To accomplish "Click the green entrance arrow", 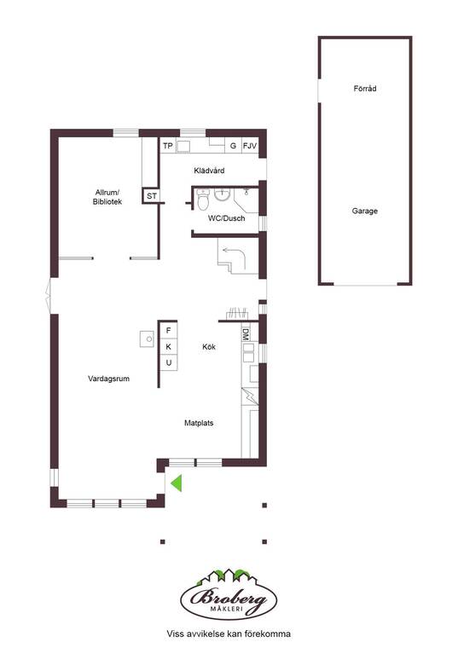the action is click(x=177, y=483).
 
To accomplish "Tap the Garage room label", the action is click(x=364, y=211).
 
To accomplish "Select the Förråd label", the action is click(x=365, y=88).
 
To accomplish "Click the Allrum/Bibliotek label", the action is click(x=107, y=197).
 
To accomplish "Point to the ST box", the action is click(x=152, y=196).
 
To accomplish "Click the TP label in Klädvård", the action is click(x=168, y=146).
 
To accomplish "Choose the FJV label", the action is click(x=250, y=146).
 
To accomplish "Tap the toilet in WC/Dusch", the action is click(x=202, y=200).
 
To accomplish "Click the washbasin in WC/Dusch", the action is click(x=223, y=194).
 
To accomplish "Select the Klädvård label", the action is click(x=209, y=171).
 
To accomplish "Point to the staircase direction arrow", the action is click(x=235, y=257).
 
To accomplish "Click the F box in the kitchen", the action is click(x=168, y=330).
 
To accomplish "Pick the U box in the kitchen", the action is click(x=168, y=363).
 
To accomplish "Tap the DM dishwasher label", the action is click(x=246, y=334).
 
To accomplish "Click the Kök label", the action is click(x=209, y=347).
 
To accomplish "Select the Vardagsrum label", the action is click(x=108, y=379).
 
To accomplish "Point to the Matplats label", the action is click(x=199, y=423).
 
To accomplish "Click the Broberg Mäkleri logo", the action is click(x=229, y=594).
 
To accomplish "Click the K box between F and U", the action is click(x=168, y=346).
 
